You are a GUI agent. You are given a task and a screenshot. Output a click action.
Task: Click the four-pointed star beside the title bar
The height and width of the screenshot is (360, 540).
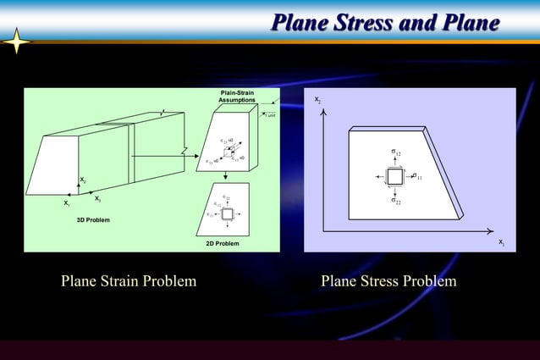(17, 42)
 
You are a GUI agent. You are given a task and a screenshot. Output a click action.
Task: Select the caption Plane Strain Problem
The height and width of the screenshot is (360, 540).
(129, 281)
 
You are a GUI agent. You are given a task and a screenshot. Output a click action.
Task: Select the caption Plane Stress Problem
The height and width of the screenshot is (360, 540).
(388, 281)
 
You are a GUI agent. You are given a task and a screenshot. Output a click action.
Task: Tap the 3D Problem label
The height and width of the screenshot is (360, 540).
(93, 219)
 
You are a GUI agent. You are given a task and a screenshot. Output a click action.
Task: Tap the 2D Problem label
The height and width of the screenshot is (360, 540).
(222, 244)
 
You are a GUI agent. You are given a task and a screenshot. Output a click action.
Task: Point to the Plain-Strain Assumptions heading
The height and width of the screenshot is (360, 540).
(237, 96)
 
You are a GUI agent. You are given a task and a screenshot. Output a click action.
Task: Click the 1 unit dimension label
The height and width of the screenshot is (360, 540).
(271, 115)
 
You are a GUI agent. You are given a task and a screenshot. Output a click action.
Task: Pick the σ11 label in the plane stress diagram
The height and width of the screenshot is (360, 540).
(417, 176)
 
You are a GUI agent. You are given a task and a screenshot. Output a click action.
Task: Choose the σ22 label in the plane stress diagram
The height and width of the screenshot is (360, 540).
(395, 202)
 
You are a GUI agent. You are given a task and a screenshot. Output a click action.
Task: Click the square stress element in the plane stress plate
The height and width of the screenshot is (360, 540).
(394, 176)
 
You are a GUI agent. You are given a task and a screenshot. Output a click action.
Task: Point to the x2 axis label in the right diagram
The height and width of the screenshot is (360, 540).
(317, 100)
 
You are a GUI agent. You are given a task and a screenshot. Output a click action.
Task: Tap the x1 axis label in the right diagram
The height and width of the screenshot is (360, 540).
(501, 243)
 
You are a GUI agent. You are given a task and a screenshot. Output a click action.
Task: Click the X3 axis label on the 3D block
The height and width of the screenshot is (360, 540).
(98, 198)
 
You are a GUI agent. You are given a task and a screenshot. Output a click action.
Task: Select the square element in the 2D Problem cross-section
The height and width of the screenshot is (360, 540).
(227, 214)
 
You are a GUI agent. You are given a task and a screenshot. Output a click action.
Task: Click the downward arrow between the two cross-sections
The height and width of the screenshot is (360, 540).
(226, 175)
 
